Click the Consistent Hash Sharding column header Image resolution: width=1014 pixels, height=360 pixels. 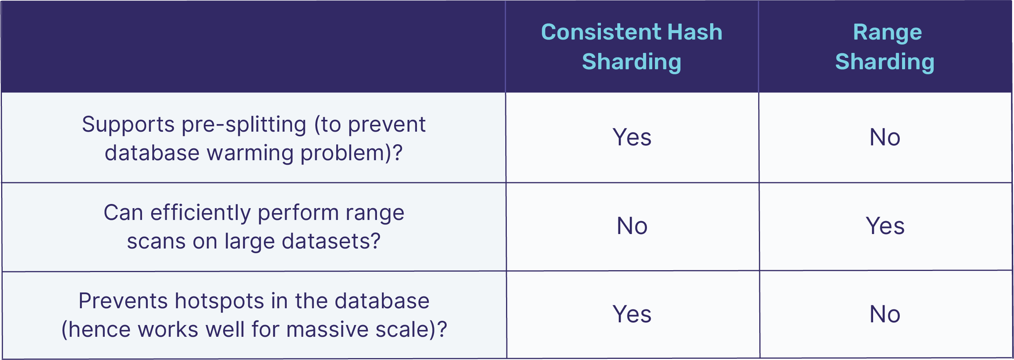click(x=631, y=47)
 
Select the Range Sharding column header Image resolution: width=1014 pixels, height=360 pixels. click(x=885, y=47)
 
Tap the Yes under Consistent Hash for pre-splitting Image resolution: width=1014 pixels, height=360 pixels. click(x=632, y=137)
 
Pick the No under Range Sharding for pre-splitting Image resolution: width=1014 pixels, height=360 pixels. click(x=885, y=137)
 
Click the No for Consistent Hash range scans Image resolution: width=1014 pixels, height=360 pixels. click(x=632, y=226)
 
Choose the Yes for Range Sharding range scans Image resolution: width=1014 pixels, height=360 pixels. click(x=885, y=226)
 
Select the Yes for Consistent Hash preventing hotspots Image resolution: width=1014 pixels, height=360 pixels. click(x=632, y=314)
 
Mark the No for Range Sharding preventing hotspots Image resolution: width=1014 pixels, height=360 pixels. click(x=885, y=314)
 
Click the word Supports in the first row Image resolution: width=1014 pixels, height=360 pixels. click(x=128, y=126)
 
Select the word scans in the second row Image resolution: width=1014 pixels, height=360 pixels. click(x=156, y=241)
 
